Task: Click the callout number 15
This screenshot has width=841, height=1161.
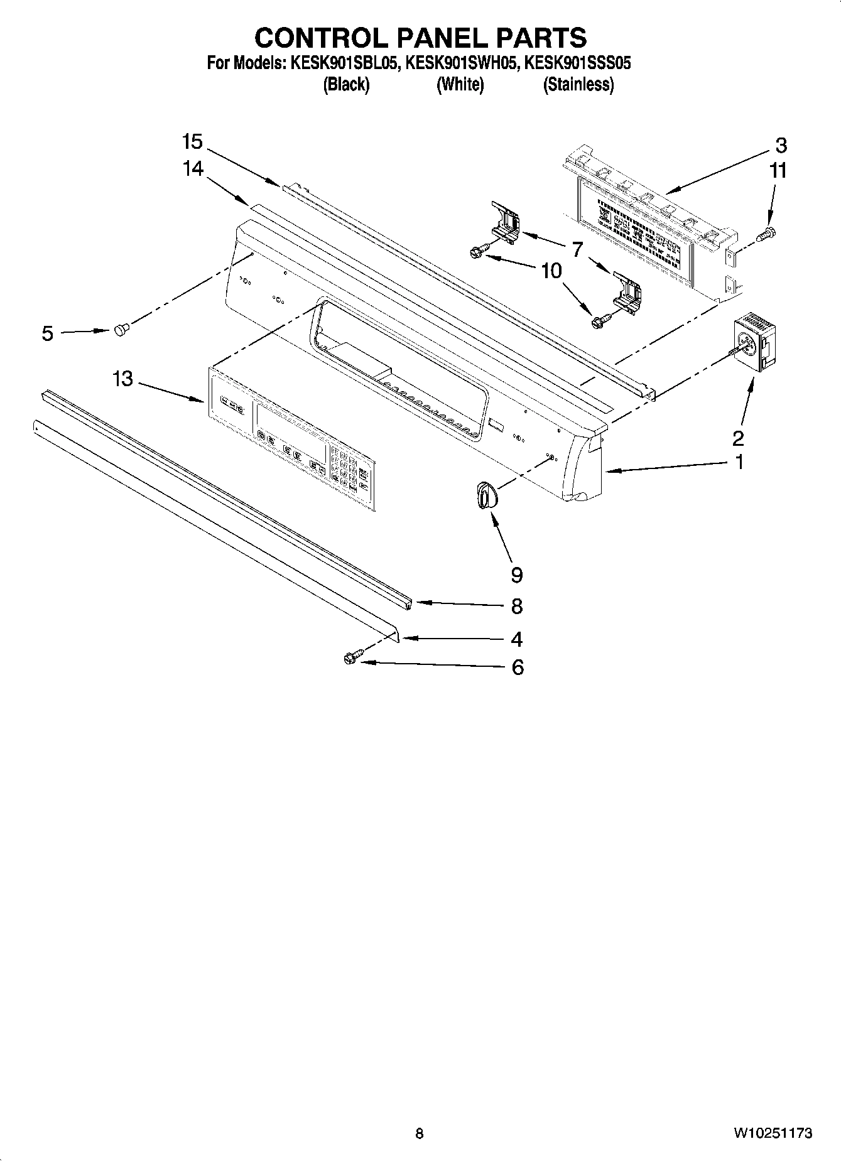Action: tap(192, 142)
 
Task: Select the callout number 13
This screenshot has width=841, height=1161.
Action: tap(123, 379)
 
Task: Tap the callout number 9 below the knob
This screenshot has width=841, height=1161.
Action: tap(517, 575)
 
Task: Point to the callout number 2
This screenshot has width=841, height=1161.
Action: tap(738, 438)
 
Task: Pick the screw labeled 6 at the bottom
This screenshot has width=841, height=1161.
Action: tap(350, 658)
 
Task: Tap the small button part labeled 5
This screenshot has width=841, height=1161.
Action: tap(122, 329)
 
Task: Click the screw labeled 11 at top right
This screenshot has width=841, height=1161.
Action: tap(768, 234)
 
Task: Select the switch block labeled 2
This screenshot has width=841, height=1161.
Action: tap(752, 347)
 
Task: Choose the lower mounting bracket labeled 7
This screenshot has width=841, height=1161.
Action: tap(628, 291)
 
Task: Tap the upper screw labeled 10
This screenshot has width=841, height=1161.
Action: tap(475, 252)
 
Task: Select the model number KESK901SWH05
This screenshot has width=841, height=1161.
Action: tap(462, 63)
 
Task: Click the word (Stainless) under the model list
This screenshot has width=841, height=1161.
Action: tap(578, 84)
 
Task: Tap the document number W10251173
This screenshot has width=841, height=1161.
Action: tap(772, 1133)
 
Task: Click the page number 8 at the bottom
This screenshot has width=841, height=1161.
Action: tap(420, 1133)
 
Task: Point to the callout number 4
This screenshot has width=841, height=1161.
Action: tap(516, 639)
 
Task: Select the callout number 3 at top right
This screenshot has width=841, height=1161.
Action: tap(780, 146)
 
